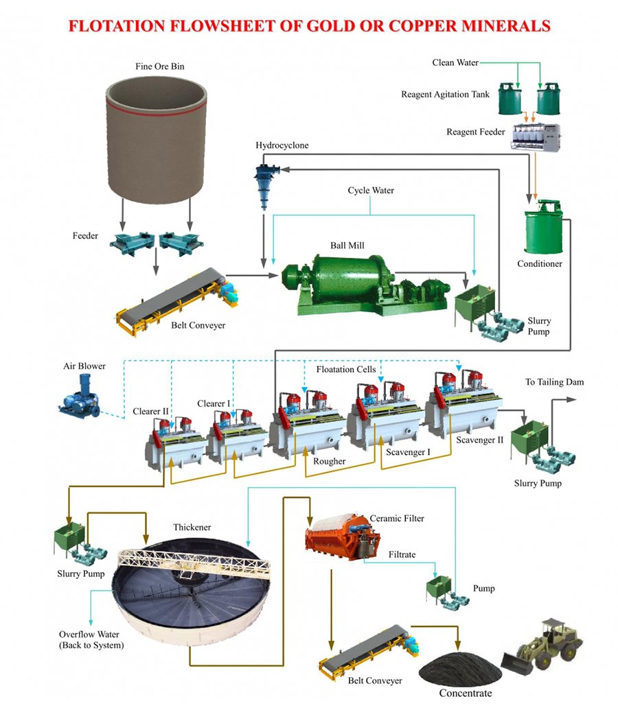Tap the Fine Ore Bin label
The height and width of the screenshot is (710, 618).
point(159,67)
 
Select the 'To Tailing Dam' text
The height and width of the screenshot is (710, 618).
point(554,382)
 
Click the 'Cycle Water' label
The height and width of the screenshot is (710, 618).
point(371,190)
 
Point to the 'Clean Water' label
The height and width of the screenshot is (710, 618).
point(455,62)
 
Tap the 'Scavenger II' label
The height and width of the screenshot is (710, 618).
point(480,440)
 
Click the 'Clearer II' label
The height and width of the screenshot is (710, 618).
point(150,413)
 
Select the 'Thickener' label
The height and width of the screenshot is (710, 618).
point(192,528)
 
